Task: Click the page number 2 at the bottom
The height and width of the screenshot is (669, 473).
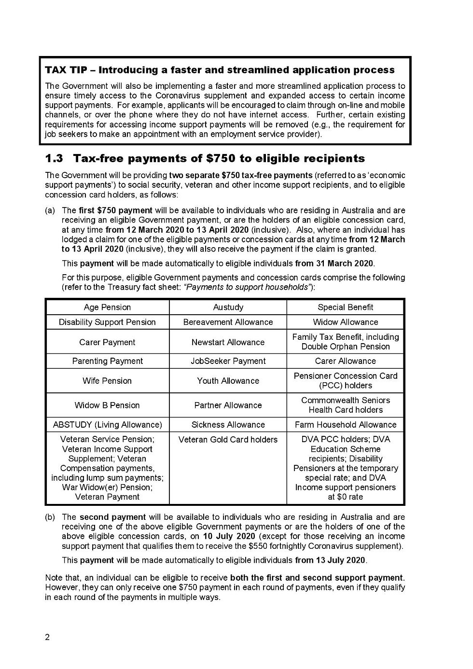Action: [47, 637]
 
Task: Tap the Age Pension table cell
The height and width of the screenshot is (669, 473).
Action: [107, 307]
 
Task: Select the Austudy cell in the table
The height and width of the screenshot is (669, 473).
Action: [228, 307]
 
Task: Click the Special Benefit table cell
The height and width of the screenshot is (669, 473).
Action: [345, 307]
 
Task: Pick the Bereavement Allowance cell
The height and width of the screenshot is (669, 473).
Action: [228, 322]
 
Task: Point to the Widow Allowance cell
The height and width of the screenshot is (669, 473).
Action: [345, 322]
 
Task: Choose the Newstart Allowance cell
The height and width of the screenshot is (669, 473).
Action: [228, 342]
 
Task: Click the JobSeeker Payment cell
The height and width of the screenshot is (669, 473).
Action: [228, 361]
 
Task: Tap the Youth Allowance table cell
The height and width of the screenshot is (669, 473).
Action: [228, 381]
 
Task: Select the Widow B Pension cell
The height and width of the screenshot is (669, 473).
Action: [107, 405]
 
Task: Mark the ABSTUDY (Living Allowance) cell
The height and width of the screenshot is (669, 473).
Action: [107, 425]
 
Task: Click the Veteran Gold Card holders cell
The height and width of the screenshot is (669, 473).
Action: [228, 440]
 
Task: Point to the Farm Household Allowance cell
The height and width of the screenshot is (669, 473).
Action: [345, 425]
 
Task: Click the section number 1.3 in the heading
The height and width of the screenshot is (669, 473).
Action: [54, 158]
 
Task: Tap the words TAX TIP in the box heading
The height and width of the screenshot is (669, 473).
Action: [66, 70]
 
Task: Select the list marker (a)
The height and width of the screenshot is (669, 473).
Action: [50, 210]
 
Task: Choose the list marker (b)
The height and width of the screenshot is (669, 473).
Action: [50, 517]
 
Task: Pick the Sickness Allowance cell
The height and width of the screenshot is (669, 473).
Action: [228, 425]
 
